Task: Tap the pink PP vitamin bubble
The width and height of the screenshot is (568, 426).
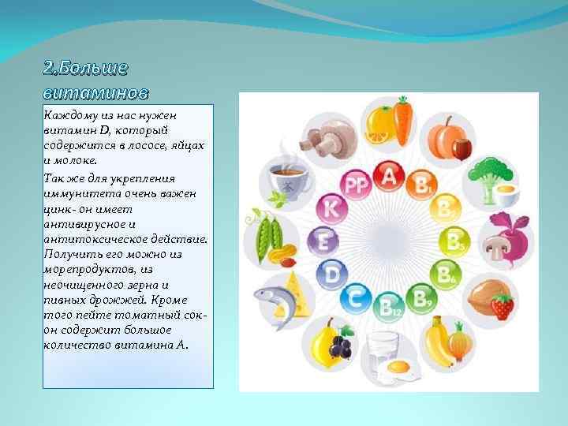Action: click(356, 185)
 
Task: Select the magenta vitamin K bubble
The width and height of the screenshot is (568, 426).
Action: click(333, 209)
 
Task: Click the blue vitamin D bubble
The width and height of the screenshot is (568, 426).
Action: click(332, 273)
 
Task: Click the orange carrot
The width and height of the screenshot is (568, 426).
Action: click(404, 120)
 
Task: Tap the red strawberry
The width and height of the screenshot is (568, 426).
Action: click(502, 305)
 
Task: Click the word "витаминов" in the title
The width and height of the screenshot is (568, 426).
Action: click(95, 93)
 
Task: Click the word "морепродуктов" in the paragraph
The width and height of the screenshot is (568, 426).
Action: click(87, 269)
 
